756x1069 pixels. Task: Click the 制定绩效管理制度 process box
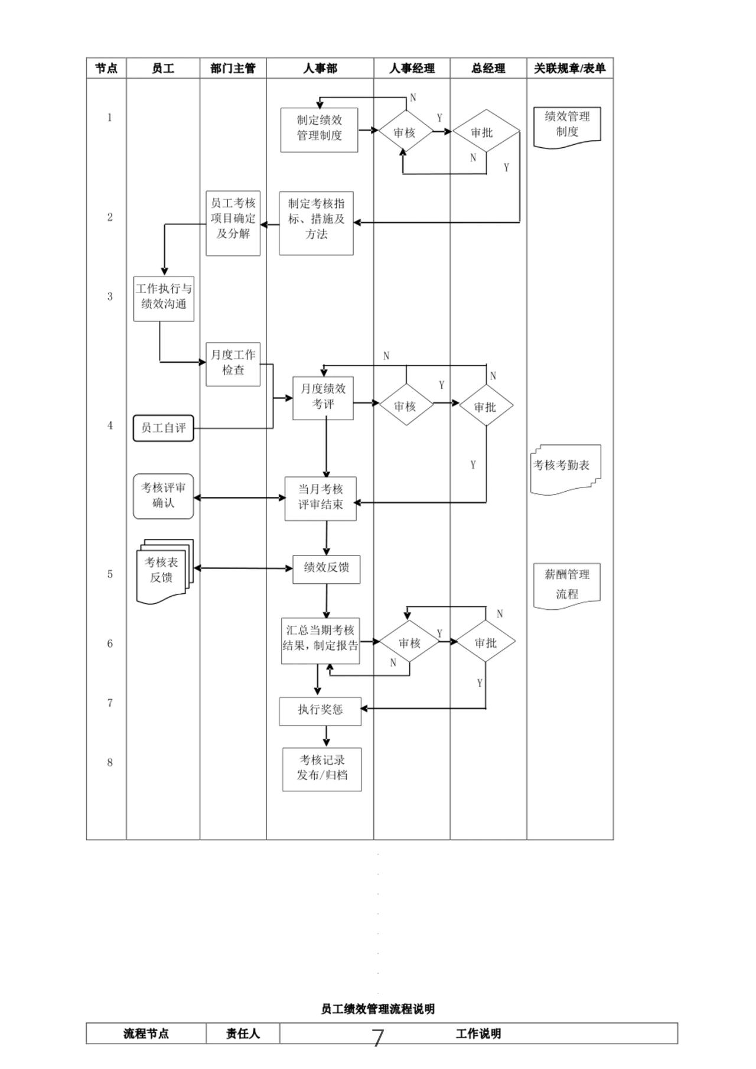pos(319,129)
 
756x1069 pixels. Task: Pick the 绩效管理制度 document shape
pos(567,125)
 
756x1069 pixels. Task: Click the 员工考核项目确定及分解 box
pos(233,223)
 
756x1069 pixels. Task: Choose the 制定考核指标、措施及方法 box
pos(316,223)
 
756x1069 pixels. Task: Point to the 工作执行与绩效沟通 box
pos(164,298)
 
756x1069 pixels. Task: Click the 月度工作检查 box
pos(233,364)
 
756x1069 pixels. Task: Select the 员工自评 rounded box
pos(164,428)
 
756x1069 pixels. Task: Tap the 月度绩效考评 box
pos(323,398)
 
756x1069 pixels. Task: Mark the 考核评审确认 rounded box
pos(164,496)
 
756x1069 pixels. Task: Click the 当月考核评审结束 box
pos(321,498)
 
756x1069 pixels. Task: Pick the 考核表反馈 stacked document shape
pos(164,570)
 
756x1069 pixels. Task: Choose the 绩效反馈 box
pos(326,568)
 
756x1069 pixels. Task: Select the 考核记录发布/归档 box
pos(322,769)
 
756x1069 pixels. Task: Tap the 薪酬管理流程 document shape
pos(567,584)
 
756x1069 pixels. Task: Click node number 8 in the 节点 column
pos(110,762)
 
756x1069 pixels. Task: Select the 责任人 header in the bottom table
pos(243,1034)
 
